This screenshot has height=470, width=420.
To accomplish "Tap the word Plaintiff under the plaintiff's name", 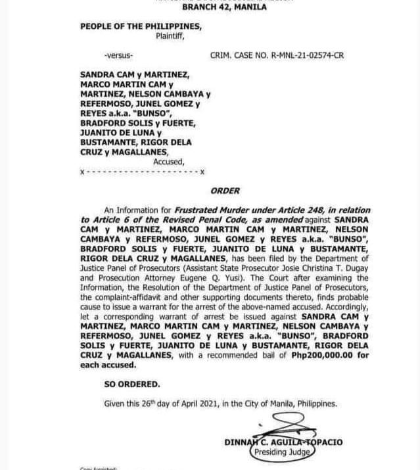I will click(x=170, y=36).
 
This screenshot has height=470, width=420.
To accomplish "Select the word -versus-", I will click(x=118, y=56).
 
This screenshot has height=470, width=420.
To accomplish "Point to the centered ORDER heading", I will click(x=225, y=191).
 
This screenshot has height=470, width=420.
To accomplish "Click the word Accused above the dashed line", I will click(x=168, y=162).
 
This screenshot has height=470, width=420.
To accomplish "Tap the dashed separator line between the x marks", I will click(x=141, y=172).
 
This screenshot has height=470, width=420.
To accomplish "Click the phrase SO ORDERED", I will click(x=131, y=384).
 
